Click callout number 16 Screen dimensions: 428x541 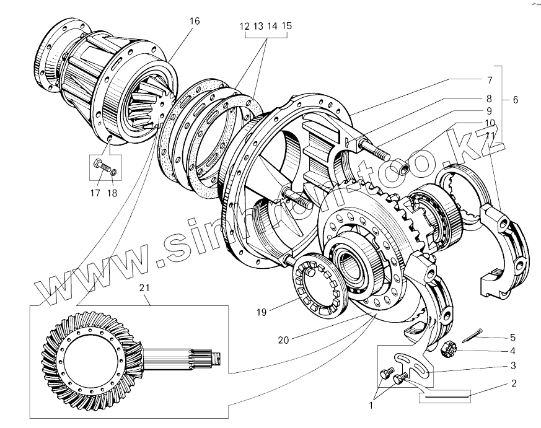point(195,21)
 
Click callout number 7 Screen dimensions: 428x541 point(489,80)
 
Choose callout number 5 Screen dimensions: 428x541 point(513,337)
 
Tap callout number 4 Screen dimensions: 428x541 point(513,351)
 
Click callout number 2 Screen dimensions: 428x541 point(513,383)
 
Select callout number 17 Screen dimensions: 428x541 point(95,193)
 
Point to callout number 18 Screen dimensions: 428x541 point(113,193)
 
